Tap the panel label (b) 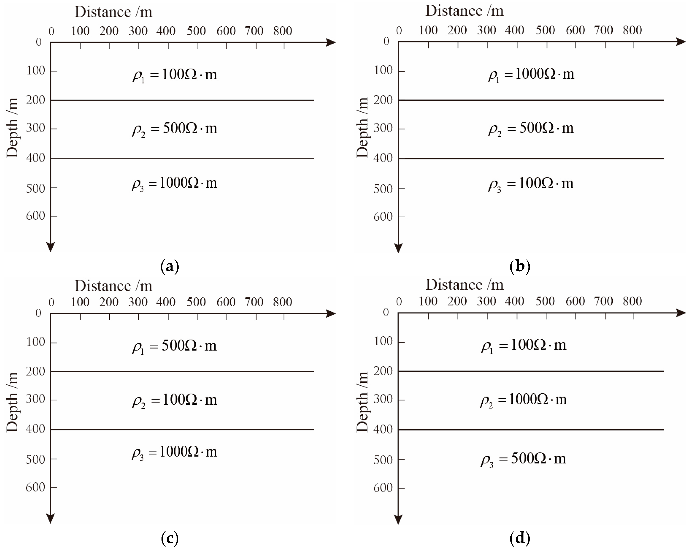pos(520,266)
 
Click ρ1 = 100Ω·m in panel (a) pos(175,75)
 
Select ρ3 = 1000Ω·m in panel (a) pos(175,184)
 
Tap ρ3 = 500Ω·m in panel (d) pos(523,459)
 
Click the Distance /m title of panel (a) pos(113,12)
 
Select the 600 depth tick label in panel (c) pos(35,487)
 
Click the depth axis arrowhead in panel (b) pos(398,248)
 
